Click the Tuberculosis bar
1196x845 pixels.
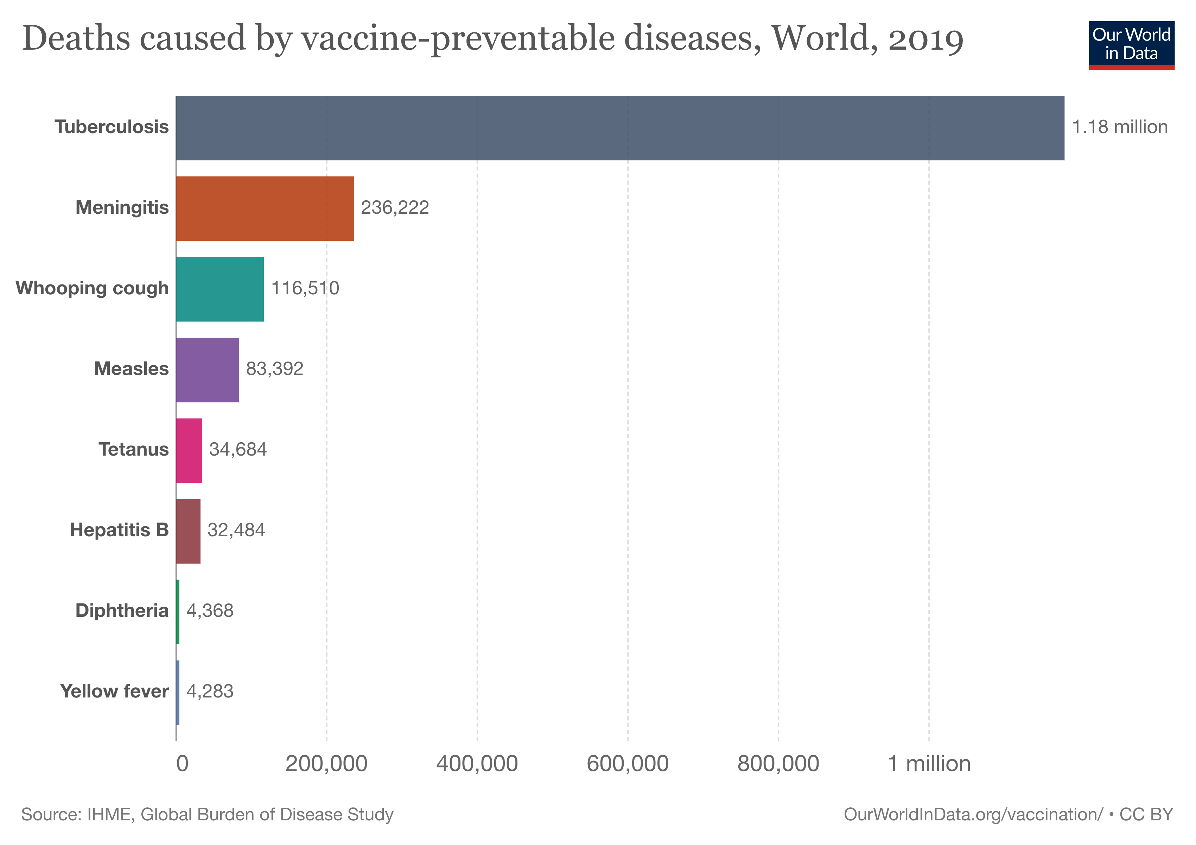[x=620, y=128]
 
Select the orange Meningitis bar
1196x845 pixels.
[x=265, y=208]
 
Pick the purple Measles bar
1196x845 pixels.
[x=207, y=370]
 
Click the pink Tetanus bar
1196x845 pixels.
[x=189, y=450]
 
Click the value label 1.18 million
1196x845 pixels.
[x=1119, y=127]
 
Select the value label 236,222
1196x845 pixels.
[x=395, y=207]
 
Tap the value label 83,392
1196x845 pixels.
[x=274, y=369]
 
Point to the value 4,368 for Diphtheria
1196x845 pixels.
[x=210, y=611]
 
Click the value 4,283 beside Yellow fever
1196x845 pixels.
[x=210, y=691]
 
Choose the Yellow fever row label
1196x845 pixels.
[x=114, y=691]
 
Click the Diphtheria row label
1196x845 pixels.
[x=122, y=611]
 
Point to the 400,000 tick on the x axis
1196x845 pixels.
[x=477, y=764]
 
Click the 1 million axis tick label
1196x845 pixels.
[x=929, y=764]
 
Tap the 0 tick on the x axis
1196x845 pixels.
[x=182, y=764]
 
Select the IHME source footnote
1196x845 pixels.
[x=207, y=814]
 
